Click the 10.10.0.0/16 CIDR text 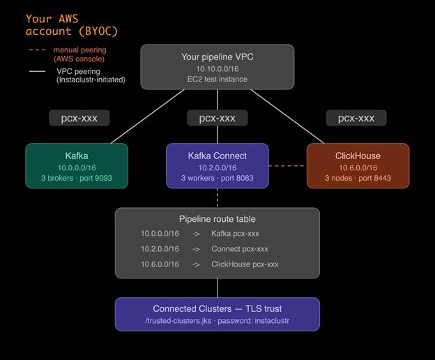[x=217, y=68]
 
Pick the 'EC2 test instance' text [x=217, y=80]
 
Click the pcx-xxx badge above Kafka [x=79, y=118]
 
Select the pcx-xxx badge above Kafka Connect [x=217, y=118]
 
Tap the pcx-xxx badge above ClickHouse [x=356, y=118]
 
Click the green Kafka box [x=77, y=165]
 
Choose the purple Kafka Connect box [x=217, y=165]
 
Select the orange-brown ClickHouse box [x=358, y=165]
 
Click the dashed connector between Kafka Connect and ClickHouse [x=287, y=166]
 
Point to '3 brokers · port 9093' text [x=77, y=179]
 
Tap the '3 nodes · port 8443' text [x=358, y=179]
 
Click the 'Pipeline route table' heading [x=217, y=219]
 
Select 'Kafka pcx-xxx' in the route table [x=240, y=234]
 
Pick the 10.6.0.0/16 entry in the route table [x=160, y=264]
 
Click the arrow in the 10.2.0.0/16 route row [x=196, y=249]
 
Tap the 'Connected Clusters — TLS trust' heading [x=217, y=308]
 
